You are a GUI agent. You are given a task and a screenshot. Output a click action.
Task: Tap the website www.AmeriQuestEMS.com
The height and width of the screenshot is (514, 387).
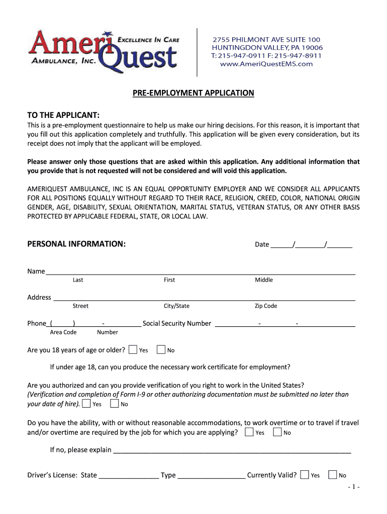click(266, 64)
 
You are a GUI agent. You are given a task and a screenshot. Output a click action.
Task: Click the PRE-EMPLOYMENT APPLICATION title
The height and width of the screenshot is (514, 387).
click(193, 93)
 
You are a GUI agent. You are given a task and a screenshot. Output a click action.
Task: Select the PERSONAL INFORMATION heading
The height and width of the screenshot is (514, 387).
click(76, 244)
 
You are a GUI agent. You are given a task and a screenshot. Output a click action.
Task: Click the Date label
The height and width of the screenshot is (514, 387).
click(262, 244)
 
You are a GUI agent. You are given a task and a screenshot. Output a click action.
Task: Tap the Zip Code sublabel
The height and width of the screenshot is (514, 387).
click(266, 306)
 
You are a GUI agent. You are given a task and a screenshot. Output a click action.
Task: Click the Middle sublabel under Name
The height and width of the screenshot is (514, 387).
click(264, 280)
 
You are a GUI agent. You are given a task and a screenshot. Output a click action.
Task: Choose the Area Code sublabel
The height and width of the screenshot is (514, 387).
click(63, 332)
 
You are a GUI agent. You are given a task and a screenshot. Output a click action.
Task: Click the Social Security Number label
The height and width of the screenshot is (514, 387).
click(177, 323)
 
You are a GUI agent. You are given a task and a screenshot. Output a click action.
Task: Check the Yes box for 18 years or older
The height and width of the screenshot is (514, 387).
click(133, 349)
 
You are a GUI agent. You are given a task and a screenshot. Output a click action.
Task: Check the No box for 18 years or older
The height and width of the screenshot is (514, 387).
click(161, 349)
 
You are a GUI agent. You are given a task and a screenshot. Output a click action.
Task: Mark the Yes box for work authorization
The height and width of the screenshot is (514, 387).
click(86, 404)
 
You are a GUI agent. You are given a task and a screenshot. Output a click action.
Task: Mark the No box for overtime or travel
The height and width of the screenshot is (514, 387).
click(277, 432)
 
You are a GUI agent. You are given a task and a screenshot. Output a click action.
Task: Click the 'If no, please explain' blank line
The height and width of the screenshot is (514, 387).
click(232, 450)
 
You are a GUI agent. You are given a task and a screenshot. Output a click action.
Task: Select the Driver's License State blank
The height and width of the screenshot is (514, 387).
click(129, 475)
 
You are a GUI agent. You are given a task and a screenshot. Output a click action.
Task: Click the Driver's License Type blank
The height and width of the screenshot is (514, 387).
click(211, 475)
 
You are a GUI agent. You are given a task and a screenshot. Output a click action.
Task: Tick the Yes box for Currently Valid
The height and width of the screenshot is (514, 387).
click(304, 475)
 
